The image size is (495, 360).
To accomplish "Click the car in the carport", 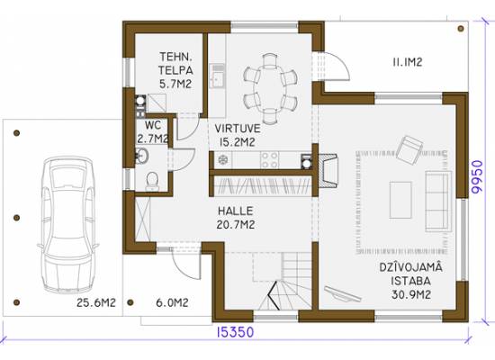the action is coord(67,225).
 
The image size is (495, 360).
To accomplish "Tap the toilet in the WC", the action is coord(152,181).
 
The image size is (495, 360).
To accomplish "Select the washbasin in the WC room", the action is coord(141,156).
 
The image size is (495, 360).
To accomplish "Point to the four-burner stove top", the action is coord(269,160).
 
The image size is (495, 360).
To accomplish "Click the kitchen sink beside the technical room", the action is coord(217,76).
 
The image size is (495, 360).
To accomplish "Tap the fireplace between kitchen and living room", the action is coord(328,170).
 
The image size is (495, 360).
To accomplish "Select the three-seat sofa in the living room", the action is coord(437,202).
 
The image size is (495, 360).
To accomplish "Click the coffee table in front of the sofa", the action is coord(400,200).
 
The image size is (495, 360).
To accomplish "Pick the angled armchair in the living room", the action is coord(409,150).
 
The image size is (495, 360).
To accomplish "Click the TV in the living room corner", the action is coord(343,294).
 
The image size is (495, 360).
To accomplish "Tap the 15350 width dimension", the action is coord(235,332).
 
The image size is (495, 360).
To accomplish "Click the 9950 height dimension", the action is coord(477,176).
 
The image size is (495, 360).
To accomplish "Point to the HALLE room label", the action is coord(236,211).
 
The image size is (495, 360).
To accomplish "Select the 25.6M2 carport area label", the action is coord(96,302).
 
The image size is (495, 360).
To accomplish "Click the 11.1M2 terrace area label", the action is coord(407,62).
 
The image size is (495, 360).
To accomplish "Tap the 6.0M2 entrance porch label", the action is coord(172,302).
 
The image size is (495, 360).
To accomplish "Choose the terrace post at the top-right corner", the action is coord(461,29).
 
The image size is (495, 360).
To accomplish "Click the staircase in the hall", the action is coord(285,281).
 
